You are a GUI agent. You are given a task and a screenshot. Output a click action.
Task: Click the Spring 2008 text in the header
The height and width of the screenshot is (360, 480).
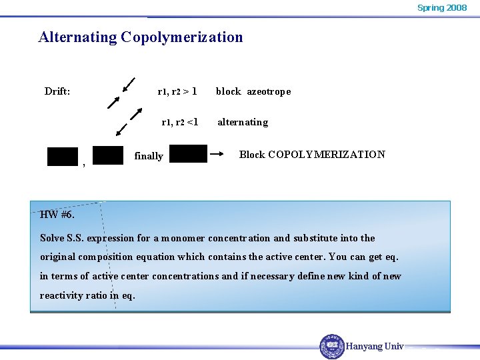[442, 8]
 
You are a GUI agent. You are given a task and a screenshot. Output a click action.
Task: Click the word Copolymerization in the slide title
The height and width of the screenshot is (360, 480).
[182, 37]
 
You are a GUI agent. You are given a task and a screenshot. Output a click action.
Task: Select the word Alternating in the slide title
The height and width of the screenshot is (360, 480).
[77, 37]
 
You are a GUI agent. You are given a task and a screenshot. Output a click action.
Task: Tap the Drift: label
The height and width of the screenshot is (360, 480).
[57, 91]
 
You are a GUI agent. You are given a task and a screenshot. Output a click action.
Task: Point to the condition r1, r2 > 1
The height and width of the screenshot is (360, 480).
[177, 91]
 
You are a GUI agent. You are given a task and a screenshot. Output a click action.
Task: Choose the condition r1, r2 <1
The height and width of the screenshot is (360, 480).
[179, 122]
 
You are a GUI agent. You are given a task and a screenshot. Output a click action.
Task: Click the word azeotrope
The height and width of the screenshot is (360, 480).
[269, 91]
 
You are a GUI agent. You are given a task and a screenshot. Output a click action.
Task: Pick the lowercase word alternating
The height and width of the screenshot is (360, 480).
[243, 122]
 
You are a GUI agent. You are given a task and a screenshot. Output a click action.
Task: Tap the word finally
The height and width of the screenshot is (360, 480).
[149, 156]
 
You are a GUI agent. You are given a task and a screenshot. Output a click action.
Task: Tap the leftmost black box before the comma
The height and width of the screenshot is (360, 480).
[63, 157]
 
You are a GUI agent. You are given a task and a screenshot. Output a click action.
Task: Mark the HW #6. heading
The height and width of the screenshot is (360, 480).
[57, 215]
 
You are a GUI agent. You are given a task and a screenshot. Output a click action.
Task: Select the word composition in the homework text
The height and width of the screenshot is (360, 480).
[111, 257]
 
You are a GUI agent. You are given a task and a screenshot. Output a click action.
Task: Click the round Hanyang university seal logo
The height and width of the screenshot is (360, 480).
[332, 346]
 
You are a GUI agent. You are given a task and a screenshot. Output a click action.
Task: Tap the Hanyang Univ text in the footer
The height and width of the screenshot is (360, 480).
[375, 347]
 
